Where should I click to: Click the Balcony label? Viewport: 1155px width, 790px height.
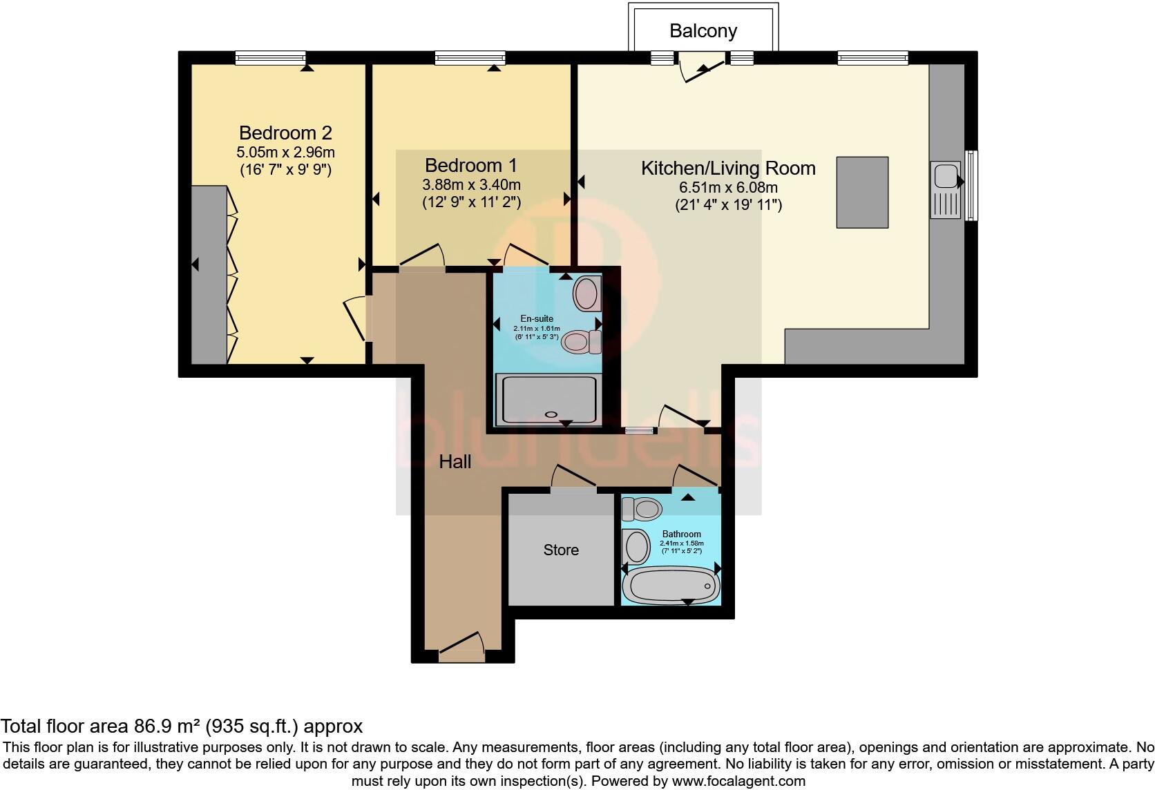pyautogui.click(x=703, y=31)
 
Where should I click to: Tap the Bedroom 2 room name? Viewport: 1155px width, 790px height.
pyautogui.click(x=285, y=133)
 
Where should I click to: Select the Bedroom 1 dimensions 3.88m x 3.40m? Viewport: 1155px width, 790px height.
pyautogui.click(x=471, y=184)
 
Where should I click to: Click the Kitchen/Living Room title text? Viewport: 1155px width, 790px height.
pyautogui.click(x=728, y=168)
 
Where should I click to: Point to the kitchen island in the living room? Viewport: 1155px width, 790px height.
pyautogui.click(x=862, y=192)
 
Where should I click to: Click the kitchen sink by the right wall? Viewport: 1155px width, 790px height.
pyautogui.click(x=946, y=190)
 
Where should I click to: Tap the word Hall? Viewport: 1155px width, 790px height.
pyautogui.click(x=455, y=462)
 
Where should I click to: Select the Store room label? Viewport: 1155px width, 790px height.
pyautogui.click(x=561, y=550)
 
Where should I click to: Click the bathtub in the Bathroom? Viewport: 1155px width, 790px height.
pyautogui.click(x=671, y=586)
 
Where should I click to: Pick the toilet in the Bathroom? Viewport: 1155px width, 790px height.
pyautogui.click(x=642, y=510)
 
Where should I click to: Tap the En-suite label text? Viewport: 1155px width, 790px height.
pyautogui.click(x=537, y=318)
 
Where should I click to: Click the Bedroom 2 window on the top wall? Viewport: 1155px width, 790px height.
pyautogui.click(x=271, y=58)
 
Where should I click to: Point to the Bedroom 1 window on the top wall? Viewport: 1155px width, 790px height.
pyautogui.click(x=470, y=58)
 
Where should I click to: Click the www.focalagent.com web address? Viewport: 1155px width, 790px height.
pyautogui.click(x=738, y=781)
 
